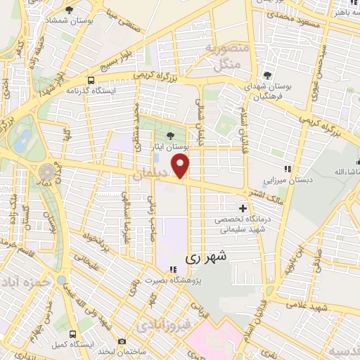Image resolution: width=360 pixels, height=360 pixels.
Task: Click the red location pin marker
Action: pos(181,167)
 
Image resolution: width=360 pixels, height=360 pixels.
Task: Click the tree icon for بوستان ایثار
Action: pos(171,136)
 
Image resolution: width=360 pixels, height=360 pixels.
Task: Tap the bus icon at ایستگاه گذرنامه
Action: pos(91,80)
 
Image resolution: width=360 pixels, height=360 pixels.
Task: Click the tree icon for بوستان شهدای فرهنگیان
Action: pos(266,75)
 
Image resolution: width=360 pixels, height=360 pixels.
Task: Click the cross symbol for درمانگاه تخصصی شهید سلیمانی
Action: pos(243,208)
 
